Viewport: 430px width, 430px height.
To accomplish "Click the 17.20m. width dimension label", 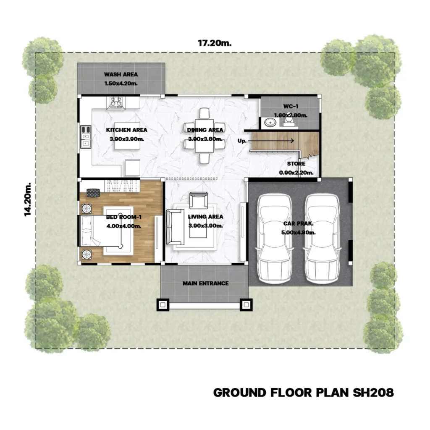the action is pos(215,43).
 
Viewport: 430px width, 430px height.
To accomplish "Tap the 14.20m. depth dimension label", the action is pos(28,199).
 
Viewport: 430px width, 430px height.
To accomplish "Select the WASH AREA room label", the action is pos(121,74).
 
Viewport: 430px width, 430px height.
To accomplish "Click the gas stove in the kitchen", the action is pos(116,103).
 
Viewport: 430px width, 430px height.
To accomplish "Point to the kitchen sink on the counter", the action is pos(86,136).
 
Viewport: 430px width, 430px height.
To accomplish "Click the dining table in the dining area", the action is pos(205,136).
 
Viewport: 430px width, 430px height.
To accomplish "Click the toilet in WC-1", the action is pos(289,120).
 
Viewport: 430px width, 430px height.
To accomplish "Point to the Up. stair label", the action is pos(242,141).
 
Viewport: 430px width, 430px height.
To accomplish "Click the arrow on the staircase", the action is pos(271,141).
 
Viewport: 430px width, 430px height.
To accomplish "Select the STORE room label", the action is pos(296,164).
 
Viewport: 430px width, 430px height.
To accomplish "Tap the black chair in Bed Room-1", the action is pos(93,193).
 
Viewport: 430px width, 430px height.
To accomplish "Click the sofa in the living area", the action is pos(175,227).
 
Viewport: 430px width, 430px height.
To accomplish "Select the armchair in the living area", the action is pos(199,200).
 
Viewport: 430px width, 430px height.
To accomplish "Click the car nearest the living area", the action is pos(274,239).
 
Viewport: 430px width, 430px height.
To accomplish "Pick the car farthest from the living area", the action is pos(322,239).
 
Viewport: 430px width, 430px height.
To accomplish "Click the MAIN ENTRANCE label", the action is pos(206,283).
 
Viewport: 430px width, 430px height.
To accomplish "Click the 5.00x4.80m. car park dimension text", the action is pos(299,233).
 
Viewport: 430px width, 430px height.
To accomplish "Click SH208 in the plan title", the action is pos(373,393).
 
